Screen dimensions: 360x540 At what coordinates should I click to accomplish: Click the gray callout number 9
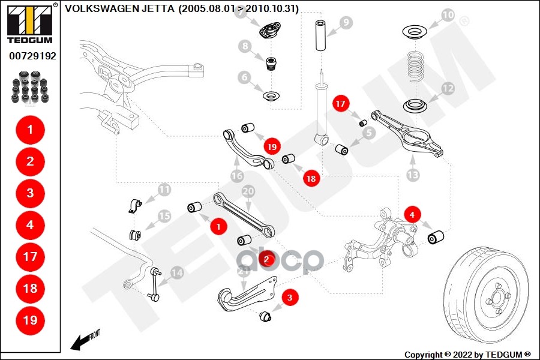(x=346, y=23)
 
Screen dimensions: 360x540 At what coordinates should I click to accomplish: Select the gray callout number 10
(x=448, y=14)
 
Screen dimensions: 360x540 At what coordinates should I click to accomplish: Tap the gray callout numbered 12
(x=448, y=89)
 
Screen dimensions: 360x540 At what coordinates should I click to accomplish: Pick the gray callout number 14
(x=177, y=273)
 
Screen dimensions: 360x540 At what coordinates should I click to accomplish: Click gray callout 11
(x=164, y=191)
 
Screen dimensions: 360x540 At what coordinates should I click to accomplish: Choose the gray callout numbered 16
(x=238, y=175)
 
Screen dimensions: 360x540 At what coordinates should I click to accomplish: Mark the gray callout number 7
(x=244, y=13)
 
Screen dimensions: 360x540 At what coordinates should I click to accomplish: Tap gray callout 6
(x=244, y=77)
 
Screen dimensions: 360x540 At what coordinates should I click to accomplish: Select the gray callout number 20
(x=248, y=192)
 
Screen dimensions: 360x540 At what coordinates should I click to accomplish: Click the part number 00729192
(x=32, y=56)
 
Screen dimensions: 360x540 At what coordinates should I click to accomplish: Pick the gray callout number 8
(x=244, y=46)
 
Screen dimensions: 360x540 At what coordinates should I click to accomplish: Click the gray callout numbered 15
(x=164, y=216)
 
